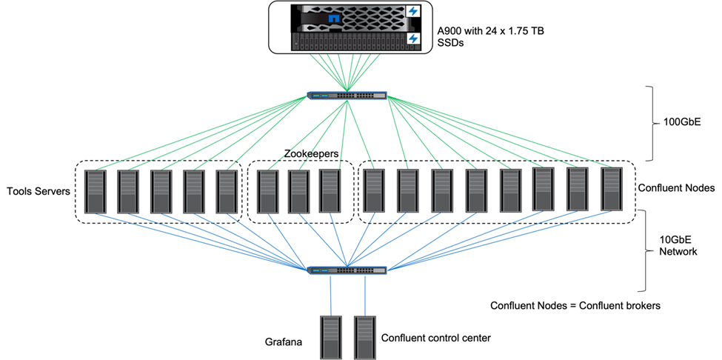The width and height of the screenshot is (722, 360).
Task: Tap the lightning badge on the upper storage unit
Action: (413, 12)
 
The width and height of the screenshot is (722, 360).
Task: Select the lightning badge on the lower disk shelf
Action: (413, 39)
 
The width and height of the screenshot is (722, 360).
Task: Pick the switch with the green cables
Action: (347, 96)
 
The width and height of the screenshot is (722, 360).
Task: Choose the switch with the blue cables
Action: (347, 270)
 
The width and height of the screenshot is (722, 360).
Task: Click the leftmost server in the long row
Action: (96, 192)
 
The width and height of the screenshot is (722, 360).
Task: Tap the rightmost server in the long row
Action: (612, 189)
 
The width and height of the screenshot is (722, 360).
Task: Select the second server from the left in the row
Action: (128, 192)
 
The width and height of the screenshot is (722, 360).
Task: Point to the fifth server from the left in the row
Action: (227, 192)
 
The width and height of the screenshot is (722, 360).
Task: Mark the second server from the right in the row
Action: (578, 189)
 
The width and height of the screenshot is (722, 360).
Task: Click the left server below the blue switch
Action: (330, 337)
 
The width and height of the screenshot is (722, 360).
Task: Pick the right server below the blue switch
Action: (364, 337)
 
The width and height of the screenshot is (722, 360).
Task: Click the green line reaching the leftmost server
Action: (200, 133)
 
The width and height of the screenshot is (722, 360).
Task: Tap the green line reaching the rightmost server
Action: (504, 133)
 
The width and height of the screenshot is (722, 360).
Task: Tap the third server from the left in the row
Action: (161, 192)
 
